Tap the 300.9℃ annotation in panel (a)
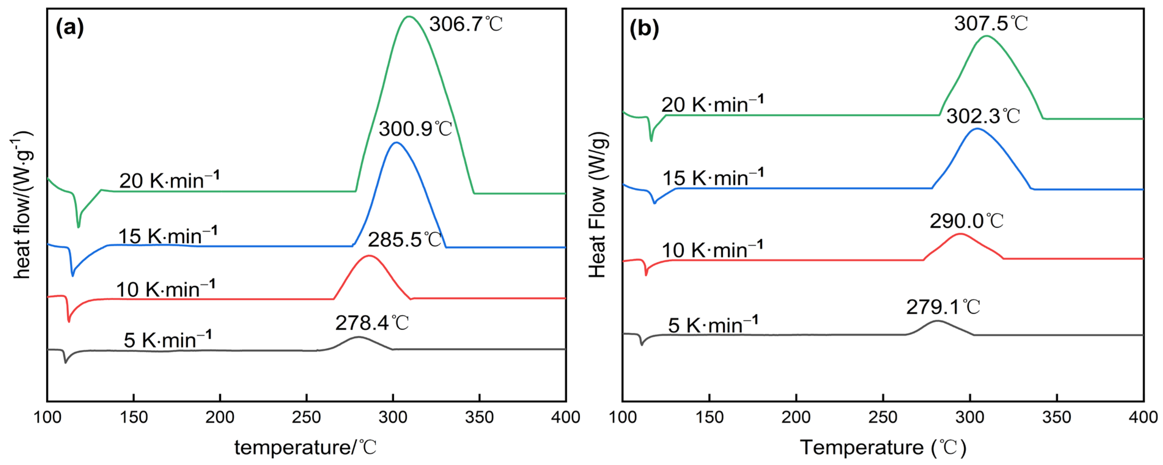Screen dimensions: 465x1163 415,129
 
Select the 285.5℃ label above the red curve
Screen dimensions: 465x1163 404,240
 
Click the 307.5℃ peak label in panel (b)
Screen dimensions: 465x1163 991,23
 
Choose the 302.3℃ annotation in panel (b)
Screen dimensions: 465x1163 983,116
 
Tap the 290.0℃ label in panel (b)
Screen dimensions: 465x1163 966,221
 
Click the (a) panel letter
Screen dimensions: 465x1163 69,28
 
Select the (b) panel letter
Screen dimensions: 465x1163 644,29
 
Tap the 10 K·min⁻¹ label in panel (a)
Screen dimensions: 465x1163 165,289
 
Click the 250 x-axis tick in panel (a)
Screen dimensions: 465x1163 307,417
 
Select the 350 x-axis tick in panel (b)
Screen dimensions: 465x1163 1056,417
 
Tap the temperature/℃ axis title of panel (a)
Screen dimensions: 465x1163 305,447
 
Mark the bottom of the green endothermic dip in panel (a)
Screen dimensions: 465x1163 79,227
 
